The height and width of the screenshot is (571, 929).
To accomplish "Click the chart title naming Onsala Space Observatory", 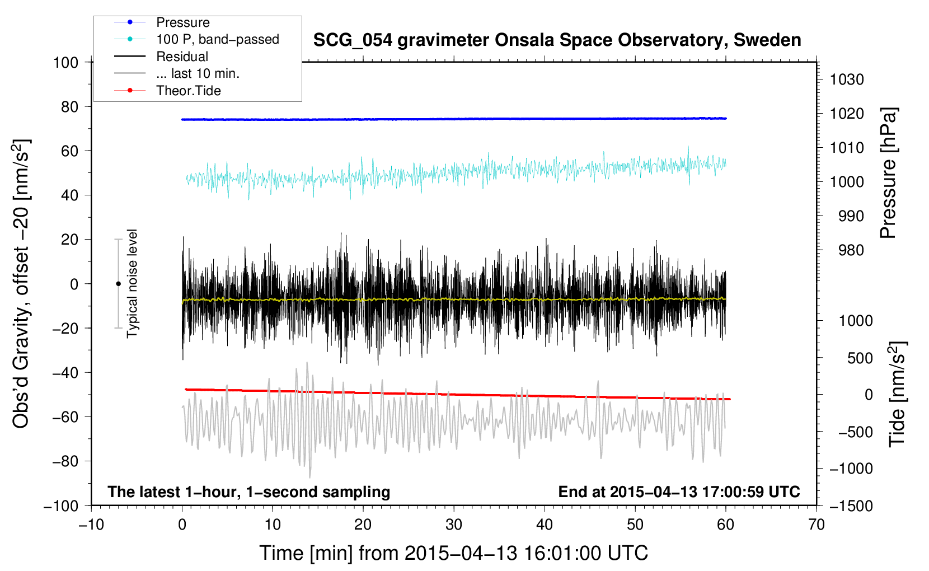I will click(557, 40).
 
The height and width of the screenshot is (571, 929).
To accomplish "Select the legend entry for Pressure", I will click(182, 22).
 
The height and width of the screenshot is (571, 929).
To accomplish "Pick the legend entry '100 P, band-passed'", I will click(217, 39).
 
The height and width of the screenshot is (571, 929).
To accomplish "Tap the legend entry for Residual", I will click(182, 57).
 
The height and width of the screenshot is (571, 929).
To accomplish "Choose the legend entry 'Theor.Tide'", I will click(188, 91).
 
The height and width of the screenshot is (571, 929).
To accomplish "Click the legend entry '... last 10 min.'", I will click(198, 73).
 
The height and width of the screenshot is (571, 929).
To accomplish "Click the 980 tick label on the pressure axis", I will click(851, 250).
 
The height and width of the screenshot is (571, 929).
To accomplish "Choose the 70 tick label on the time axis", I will click(817, 525).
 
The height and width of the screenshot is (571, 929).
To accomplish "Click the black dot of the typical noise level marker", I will click(118, 284).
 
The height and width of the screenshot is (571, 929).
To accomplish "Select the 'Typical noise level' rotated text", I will click(132, 283).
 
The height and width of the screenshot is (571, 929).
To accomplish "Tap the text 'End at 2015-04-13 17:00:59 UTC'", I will click(679, 492).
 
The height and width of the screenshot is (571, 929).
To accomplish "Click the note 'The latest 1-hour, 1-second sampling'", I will click(248, 492).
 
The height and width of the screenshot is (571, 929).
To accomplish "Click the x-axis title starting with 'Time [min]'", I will click(453, 553).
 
